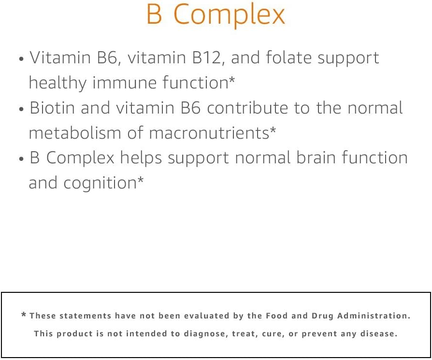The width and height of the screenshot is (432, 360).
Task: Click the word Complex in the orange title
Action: click(x=229, y=15)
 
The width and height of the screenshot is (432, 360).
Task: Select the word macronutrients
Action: click(x=209, y=133)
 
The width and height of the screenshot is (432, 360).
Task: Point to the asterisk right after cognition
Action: click(x=141, y=181)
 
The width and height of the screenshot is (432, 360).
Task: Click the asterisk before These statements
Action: click(x=24, y=316)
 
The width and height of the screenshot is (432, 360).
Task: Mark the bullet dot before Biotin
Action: click(x=21, y=110)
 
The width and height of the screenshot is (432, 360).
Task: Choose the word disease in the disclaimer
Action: click(x=379, y=334)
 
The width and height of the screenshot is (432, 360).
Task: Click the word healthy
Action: click(x=58, y=83)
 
